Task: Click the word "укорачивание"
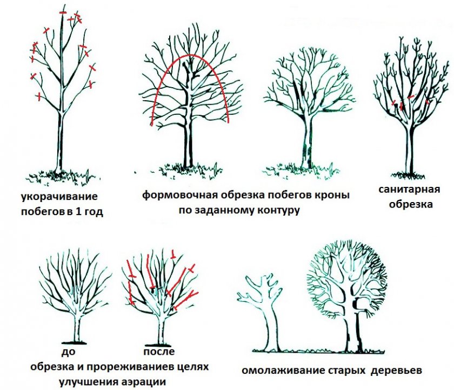click(x=59, y=197)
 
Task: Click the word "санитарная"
click(x=409, y=190)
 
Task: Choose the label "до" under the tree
click(x=68, y=352)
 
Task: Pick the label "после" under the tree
click(x=159, y=352)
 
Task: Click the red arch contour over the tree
click(x=190, y=55)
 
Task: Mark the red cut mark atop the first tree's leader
click(x=63, y=12)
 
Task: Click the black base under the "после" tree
click(x=158, y=346)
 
